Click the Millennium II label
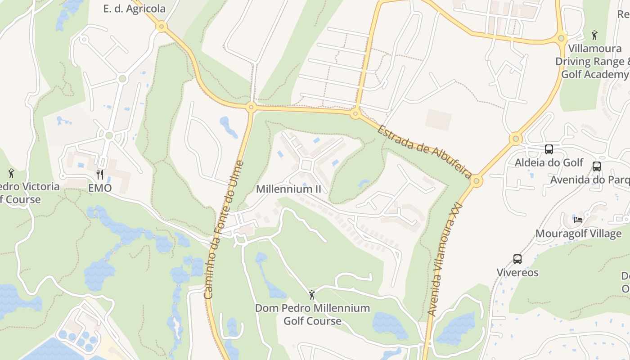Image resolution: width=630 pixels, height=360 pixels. point(288,189)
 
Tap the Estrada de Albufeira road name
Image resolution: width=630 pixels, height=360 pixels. point(424,152)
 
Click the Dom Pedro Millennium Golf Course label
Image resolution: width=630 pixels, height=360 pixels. point(312,315)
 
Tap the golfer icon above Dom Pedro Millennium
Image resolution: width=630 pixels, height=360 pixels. point(312,295)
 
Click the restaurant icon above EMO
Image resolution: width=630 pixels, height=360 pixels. point(100,175)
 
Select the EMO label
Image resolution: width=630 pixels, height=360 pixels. point(99,188)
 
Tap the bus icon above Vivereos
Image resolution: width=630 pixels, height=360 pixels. point(517,259)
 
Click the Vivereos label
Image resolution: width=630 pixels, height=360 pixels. point(517,273)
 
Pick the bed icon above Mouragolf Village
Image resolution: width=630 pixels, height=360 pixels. point(578,220)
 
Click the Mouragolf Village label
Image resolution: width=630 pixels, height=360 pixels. point(578,234)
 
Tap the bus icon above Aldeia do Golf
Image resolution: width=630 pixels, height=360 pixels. point(549,149)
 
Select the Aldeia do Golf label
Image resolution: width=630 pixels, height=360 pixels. point(549,162)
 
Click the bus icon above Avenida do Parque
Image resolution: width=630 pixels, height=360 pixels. point(597,166)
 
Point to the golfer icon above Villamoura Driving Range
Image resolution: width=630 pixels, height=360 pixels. point(594,35)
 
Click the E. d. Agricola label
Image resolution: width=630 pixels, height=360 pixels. point(134,9)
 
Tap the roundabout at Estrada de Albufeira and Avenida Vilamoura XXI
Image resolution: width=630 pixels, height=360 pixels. point(477,181)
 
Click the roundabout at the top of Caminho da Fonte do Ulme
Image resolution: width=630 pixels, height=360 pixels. point(251,107)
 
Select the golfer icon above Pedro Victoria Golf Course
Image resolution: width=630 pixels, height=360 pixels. point(11,173)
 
